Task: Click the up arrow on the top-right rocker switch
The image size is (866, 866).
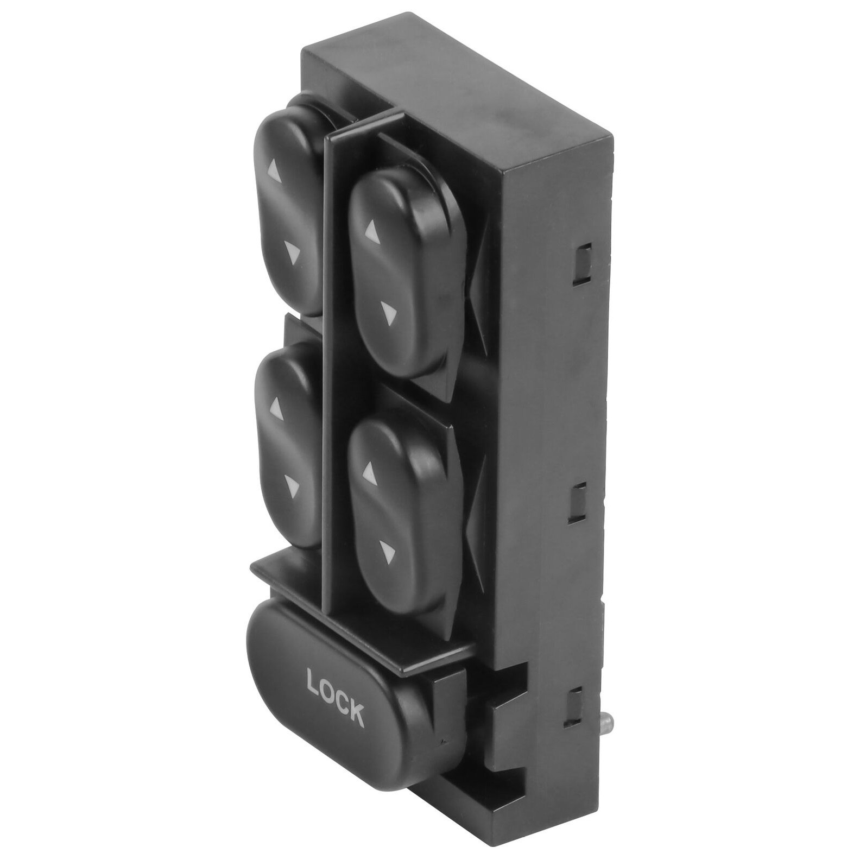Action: [x=371, y=233]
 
